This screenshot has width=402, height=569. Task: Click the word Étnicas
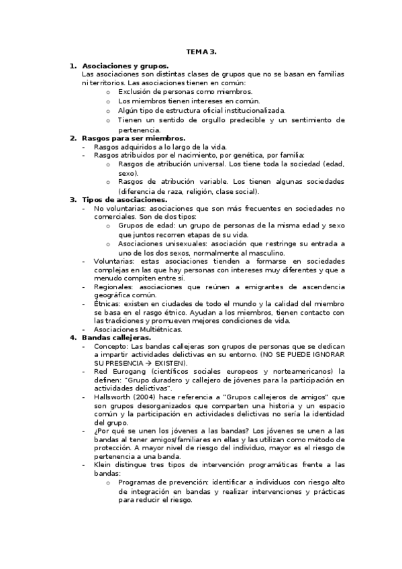click(x=106, y=304)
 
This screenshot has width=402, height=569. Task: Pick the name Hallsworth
click(x=115, y=396)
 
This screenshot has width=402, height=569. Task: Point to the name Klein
click(x=103, y=464)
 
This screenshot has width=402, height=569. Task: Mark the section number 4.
click(x=73, y=338)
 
